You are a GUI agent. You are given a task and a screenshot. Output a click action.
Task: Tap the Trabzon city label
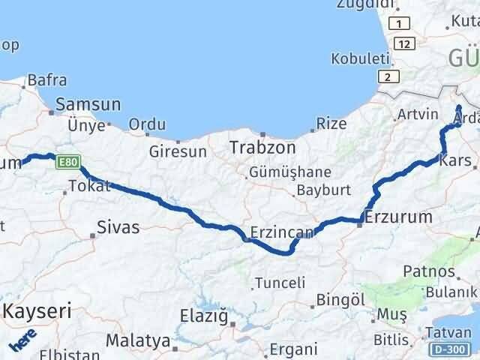pyautogui.click(x=261, y=146)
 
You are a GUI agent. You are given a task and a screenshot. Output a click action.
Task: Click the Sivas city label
pyautogui.click(x=118, y=226)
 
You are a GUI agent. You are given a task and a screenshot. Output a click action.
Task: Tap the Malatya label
pyautogui.click(x=137, y=340)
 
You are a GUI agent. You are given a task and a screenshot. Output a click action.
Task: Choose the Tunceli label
pyautogui.click(x=280, y=283)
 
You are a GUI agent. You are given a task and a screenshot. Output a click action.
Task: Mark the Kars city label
pyautogui.click(x=456, y=160)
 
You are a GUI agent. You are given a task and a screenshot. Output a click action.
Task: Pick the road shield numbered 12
pyautogui.click(x=406, y=43)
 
